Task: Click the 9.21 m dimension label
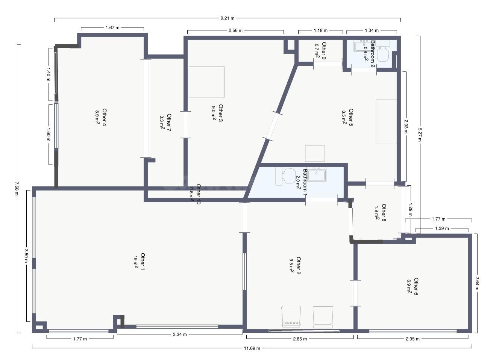[x=227, y=18]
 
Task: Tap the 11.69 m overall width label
[x=252, y=348]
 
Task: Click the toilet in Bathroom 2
[x=382, y=51]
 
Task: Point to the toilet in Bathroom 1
[x=286, y=176]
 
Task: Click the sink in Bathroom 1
[x=317, y=175]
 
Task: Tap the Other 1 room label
[x=143, y=262]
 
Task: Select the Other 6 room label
[x=416, y=287]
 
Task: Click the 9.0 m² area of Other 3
[x=214, y=113]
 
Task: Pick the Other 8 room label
[x=384, y=213]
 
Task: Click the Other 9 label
[x=324, y=51]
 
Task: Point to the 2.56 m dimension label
[x=235, y=30]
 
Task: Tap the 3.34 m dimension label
[x=180, y=334]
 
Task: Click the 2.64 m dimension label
[x=477, y=283]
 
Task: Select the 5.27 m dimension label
[x=420, y=135]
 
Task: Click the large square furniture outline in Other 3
[x=206, y=82]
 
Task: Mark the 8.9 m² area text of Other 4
[x=97, y=117]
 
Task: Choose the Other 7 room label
[x=169, y=123]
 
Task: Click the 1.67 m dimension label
[x=112, y=27]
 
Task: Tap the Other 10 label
[x=198, y=194]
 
